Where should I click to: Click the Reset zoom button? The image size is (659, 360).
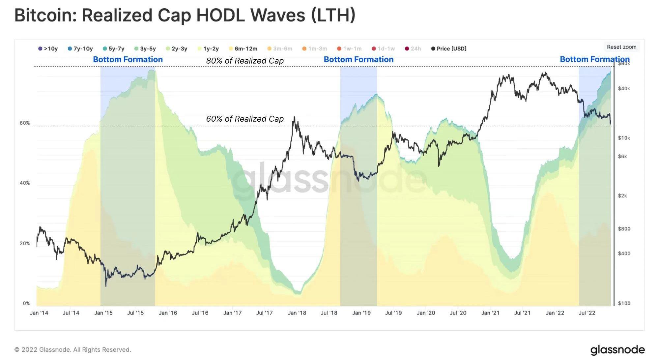(x=621, y=47)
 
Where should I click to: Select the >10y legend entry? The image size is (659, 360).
(x=48, y=49)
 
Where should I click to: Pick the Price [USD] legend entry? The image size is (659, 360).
(x=449, y=49)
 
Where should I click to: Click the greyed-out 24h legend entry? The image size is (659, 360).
(x=413, y=49)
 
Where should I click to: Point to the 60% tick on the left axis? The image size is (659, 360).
(x=25, y=123)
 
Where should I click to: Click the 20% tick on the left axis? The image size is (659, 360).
(x=25, y=243)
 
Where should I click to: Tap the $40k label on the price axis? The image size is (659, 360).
(x=624, y=88)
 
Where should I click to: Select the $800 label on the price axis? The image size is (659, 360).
(x=624, y=228)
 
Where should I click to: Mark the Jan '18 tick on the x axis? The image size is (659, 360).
(x=297, y=313)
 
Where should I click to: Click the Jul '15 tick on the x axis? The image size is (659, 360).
(x=135, y=313)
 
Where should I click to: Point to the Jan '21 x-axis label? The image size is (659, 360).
(x=490, y=313)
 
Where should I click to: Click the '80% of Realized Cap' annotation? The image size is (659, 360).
(x=245, y=61)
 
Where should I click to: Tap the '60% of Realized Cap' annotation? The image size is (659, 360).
(x=245, y=119)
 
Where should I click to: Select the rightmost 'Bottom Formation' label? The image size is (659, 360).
(x=595, y=59)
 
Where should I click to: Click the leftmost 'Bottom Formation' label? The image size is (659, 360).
(x=128, y=59)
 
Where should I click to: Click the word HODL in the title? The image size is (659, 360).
(x=220, y=15)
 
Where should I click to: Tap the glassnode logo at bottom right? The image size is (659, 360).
(x=617, y=349)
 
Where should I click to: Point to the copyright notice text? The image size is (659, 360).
(x=72, y=349)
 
